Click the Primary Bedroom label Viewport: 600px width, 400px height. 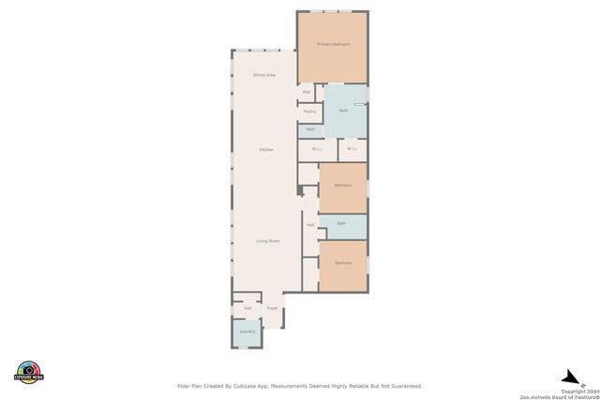click(x=333, y=44)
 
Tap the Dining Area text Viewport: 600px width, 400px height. click(x=264, y=75)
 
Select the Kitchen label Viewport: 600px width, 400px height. click(x=266, y=150)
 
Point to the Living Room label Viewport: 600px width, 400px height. click(x=268, y=241)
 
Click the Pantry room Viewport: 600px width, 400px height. click(x=309, y=111)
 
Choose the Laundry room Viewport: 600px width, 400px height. click(x=247, y=332)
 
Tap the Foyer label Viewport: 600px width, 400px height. click(x=272, y=308)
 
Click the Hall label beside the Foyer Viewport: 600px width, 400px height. click(x=247, y=308)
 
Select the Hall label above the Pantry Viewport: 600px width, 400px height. click(x=306, y=92)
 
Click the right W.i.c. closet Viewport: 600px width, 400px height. click(x=352, y=149)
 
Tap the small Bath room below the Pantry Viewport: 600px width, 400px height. click(x=310, y=129)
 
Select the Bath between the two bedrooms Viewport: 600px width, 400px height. click(x=341, y=223)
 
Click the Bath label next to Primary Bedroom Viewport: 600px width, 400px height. click(x=343, y=111)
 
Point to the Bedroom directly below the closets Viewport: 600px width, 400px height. click(x=342, y=185)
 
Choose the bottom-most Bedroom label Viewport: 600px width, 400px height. click(x=343, y=262)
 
